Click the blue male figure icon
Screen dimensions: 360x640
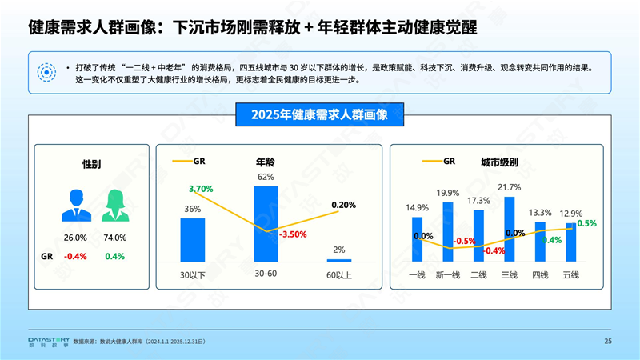pos(76,205)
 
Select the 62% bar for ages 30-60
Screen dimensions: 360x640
pos(266,223)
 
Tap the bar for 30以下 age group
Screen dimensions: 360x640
pos(192,239)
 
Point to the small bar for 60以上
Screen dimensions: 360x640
pos(339,260)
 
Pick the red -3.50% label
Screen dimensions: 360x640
pos(294,235)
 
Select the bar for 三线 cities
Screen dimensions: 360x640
pos(509,229)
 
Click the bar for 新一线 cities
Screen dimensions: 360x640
pos(448,232)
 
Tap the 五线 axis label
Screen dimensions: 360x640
pos(570,275)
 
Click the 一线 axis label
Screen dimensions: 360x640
pos(417,275)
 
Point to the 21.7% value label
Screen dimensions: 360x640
pos(509,187)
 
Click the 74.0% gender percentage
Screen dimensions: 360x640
pos(115,238)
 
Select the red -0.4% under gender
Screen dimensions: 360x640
pos(75,257)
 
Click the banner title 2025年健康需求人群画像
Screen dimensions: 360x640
pos(319,114)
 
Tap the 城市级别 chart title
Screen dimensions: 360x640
pos(499,162)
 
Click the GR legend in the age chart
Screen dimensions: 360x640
pos(192,161)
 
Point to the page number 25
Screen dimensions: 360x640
pos(608,342)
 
